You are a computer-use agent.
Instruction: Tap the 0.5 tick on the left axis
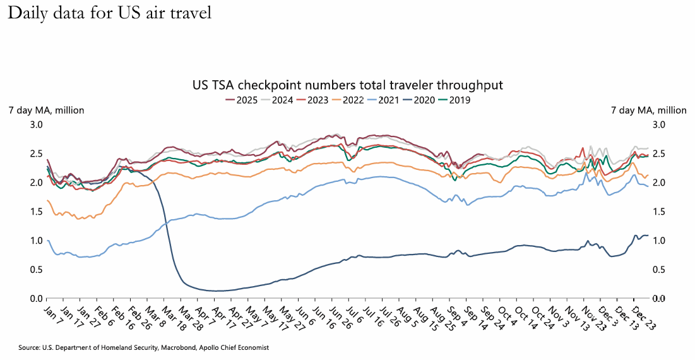tap(37, 270)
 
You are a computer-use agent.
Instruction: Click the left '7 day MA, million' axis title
tap(46, 110)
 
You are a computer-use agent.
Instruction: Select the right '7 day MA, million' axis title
tap(648, 110)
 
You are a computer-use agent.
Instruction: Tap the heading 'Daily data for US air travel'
tap(109, 13)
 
